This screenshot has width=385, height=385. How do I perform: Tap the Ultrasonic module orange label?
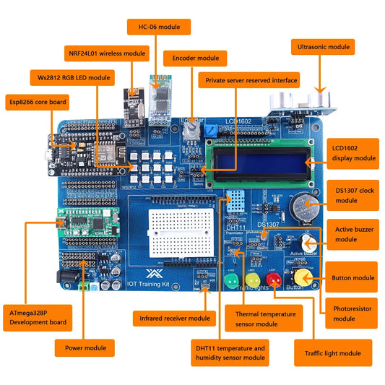click(322, 47)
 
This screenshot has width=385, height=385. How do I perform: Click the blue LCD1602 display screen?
click(260, 157)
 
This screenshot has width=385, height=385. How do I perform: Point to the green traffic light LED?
click(231, 280)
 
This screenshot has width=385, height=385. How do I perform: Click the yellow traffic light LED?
click(252, 280)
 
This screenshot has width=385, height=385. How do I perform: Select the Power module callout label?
click(85, 347)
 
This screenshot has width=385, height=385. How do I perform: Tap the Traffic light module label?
click(327, 353)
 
